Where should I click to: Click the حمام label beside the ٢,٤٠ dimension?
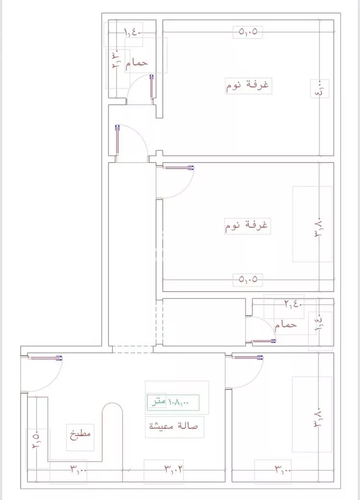[x=286, y=325]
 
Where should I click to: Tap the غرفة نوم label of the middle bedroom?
[x=248, y=225]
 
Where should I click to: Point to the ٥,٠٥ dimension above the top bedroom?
[x=248, y=32]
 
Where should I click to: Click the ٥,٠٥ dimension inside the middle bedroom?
[x=248, y=278]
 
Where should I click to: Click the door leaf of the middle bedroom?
[x=178, y=168]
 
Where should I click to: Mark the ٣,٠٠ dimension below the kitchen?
[x=79, y=468]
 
